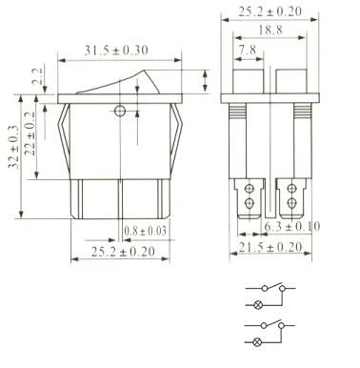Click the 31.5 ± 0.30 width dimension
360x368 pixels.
pos(116,51)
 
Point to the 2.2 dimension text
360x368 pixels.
pos(37,76)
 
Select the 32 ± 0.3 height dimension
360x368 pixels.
pos(13,147)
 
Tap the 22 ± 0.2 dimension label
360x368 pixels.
pos(30,133)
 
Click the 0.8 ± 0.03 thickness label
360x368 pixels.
pos(145,231)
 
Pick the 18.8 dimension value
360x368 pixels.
pos(270,31)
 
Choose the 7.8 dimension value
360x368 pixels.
pos(248,50)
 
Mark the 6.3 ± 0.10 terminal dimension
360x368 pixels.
pos(292,227)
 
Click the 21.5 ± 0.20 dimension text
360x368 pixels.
pos(270,247)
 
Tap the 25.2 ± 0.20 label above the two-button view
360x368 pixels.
pos(270,11)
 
